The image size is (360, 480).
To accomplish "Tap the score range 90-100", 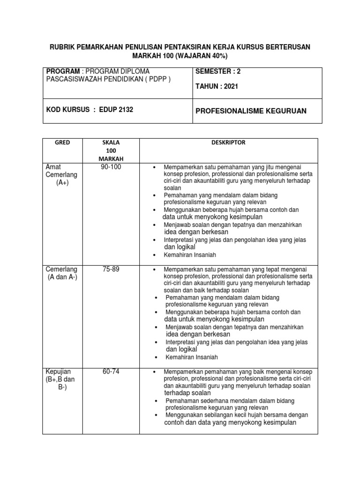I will [x=111, y=167].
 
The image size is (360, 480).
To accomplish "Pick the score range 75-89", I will [x=111, y=269].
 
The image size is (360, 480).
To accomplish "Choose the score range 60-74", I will [x=111, y=372].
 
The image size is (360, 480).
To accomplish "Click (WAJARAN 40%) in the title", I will [x=201, y=56].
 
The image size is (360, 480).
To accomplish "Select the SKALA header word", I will [x=111, y=142].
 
